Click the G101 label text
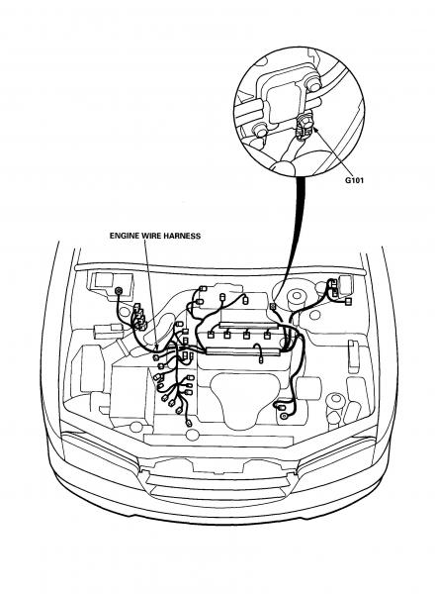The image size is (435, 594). (x=354, y=180)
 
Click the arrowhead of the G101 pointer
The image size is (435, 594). (x=315, y=130)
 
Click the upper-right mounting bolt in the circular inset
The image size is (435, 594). (x=313, y=84)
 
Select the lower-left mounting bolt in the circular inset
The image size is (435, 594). (x=260, y=130)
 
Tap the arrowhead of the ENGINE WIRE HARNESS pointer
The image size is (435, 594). (x=155, y=346)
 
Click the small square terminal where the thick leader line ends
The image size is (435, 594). (x=272, y=306)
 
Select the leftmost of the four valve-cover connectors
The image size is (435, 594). (x=211, y=335)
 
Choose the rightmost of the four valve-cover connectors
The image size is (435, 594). (x=268, y=335)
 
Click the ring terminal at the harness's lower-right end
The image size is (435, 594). (x=283, y=417)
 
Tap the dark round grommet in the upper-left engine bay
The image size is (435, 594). (x=119, y=291)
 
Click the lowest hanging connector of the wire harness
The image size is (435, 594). (x=189, y=423)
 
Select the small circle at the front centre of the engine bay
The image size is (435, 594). (x=193, y=435)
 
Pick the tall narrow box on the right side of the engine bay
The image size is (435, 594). (x=353, y=356)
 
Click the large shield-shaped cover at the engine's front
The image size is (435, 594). (x=245, y=401)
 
